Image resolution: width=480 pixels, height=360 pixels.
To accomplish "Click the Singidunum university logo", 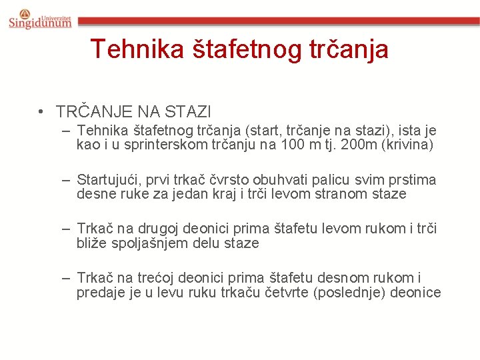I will click(40, 19).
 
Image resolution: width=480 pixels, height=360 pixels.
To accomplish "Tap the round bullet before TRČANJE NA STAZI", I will click(41, 111).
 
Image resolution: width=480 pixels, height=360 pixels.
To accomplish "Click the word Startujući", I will click(109, 180).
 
